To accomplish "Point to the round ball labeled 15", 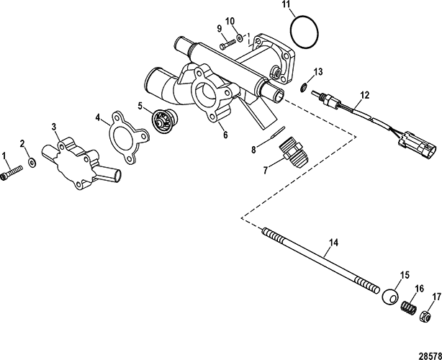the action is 390,297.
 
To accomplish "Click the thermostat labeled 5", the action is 161,120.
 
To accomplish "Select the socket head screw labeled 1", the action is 12,172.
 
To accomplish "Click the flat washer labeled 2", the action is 32,162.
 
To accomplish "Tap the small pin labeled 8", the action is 278,132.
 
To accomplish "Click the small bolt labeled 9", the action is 227,43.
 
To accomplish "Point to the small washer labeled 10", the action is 240,37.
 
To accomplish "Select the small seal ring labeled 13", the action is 304,87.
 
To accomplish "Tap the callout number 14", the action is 334,243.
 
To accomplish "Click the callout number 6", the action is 225,135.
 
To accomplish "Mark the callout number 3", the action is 54,127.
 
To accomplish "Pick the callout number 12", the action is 364,95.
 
